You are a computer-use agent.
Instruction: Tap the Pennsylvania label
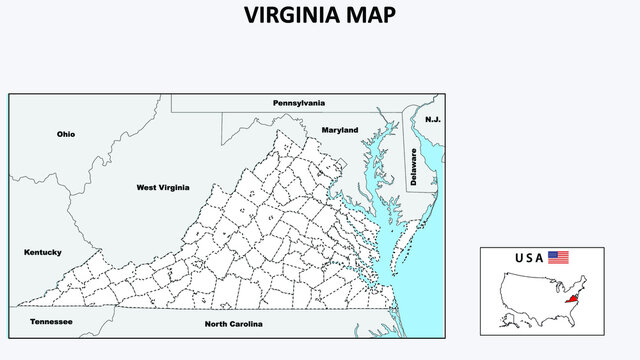tap(299, 103)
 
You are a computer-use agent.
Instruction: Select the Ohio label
tap(66, 134)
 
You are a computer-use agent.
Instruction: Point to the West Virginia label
tap(162, 187)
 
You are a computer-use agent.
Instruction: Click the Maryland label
tap(340, 130)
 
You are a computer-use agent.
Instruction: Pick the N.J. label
tap(432, 119)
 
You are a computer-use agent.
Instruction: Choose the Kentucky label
tap(43, 252)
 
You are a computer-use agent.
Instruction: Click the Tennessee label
tap(50, 322)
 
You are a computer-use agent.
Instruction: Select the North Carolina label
tap(233, 325)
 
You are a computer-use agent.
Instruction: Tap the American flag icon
tap(558, 258)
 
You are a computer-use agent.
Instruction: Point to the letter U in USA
tap(519, 258)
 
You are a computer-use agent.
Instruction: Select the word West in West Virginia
tap(148, 187)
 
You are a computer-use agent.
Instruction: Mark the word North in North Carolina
tap(216, 325)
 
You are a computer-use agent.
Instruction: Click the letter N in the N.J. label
tap(428, 119)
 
